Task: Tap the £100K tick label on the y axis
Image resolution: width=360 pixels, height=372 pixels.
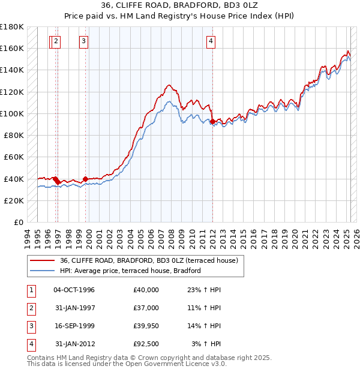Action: [11, 113]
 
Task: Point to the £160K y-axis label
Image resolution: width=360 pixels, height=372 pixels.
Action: [11, 48]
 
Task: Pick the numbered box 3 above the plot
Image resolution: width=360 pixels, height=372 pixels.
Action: [83, 41]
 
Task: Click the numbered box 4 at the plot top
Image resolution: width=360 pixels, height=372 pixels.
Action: [211, 41]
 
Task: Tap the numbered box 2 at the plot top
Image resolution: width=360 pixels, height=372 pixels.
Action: [55, 41]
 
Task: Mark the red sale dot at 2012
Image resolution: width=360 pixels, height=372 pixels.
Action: [212, 122]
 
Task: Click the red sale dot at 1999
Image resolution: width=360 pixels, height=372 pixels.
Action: [85, 179]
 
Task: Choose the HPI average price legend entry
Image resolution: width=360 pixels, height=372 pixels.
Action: [130, 271]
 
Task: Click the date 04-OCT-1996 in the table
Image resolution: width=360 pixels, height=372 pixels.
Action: [74, 290]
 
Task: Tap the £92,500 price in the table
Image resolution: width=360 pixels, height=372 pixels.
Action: [146, 344]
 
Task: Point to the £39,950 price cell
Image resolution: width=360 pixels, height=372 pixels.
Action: [146, 326]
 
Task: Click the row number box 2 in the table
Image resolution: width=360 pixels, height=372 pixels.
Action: [31, 308]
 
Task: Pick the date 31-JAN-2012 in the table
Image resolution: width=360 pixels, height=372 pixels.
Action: [74, 344]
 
